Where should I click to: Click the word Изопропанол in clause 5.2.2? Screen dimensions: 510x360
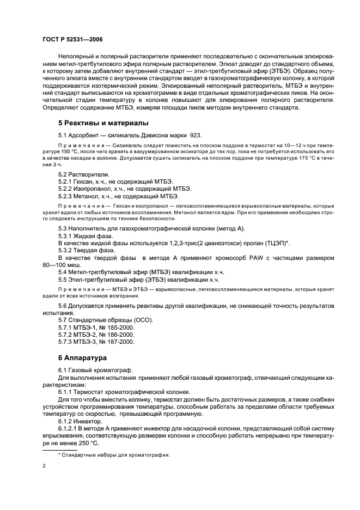coord(95,188)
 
